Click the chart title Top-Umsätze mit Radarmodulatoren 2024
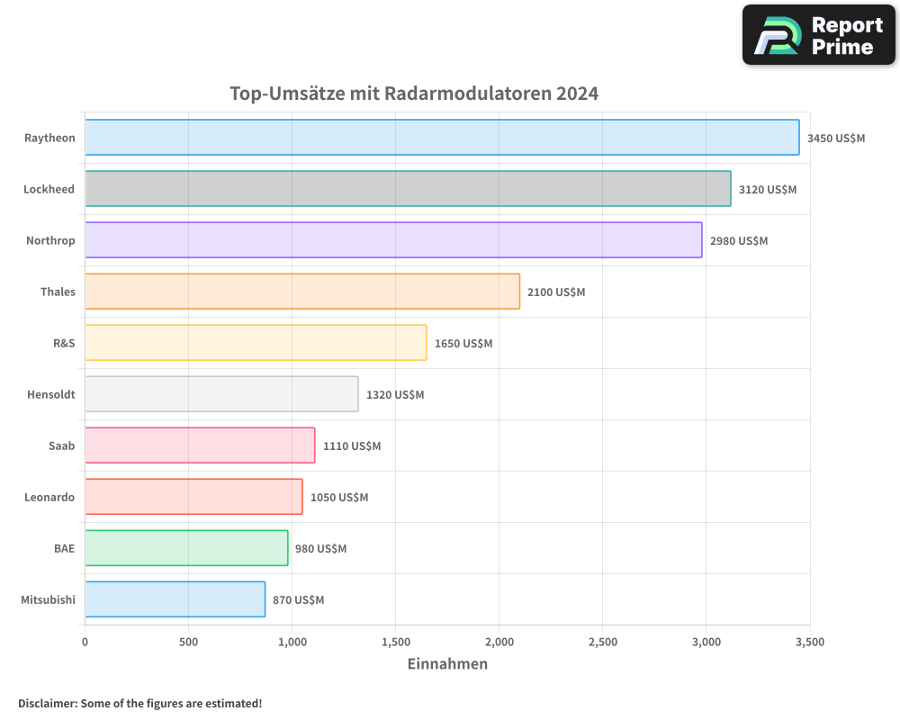(414, 94)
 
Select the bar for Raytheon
(442, 138)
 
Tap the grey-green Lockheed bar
(408, 189)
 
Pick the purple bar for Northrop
(393, 240)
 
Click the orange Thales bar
(302, 292)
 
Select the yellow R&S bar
(256, 343)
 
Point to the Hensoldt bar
(221, 394)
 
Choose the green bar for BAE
(186, 548)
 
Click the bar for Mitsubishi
(175, 599)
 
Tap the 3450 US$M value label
(835, 139)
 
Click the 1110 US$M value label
(352, 446)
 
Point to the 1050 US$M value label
(339, 498)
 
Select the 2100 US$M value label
(556, 292)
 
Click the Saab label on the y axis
(62, 445)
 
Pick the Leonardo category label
(49, 497)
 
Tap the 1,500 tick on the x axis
(395, 643)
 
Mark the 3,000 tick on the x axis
(706, 643)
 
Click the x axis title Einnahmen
(447, 664)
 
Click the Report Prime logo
(818, 35)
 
